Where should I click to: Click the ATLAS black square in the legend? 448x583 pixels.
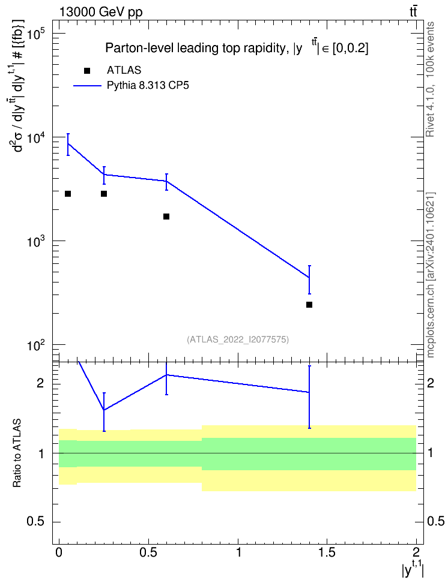click(87, 71)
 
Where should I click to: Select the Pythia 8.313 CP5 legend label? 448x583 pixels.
click(148, 86)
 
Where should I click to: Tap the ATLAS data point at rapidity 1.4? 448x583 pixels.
click(309, 305)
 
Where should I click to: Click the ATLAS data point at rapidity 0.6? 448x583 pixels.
click(166, 217)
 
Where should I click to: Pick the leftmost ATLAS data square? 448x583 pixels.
click(68, 194)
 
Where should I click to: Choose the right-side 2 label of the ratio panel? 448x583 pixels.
click(431, 383)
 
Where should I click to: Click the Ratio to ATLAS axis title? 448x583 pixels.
click(17, 453)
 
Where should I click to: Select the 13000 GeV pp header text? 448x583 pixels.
click(101, 12)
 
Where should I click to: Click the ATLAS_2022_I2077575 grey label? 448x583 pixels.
click(238, 339)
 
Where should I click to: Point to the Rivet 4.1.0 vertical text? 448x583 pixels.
click(431, 79)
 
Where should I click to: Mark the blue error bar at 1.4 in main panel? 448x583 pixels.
click(309, 280)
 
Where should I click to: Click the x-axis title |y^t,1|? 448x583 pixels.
click(413, 569)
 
